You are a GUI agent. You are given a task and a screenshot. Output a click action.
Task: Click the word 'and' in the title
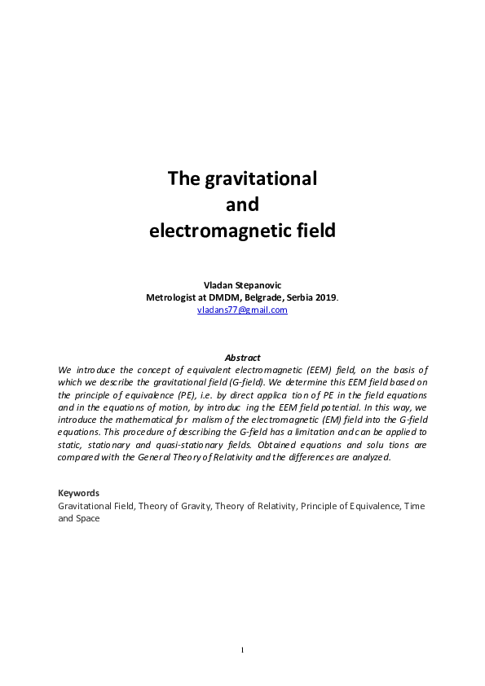pyautogui.click(x=242, y=204)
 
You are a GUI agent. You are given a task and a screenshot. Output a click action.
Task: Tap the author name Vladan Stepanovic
pyautogui.click(x=242, y=286)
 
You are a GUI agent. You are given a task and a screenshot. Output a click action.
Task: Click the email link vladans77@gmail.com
pyautogui.click(x=242, y=310)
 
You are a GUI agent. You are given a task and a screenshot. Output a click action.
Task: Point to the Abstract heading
pyautogui.click(x=242, y=358)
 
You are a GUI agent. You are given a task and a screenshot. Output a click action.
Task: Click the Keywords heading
pyautogui.click(x=78, y=493)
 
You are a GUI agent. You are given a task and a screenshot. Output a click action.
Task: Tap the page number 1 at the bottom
pyautogui.click(x=242, y=649)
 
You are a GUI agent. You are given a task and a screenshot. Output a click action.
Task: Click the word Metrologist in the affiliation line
pyautogui.click(x=174, y=298)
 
